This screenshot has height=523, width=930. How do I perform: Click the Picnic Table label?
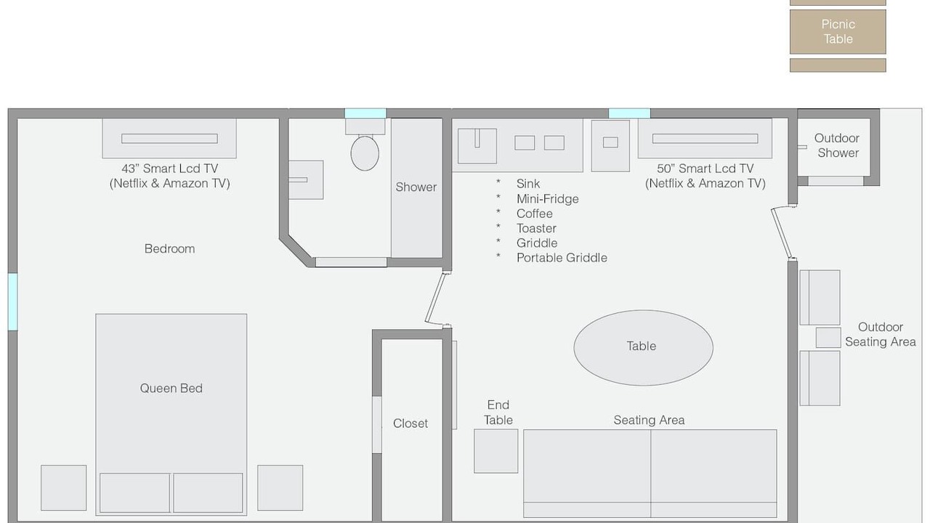(x=838, y=31)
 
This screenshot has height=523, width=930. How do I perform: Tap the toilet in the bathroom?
(x=365, y=153)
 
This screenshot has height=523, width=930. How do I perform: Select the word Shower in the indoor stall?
(x=416, y=187)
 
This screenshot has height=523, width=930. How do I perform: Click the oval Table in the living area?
(x=643, y=347)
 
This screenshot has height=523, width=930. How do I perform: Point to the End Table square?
(x=496, y=451)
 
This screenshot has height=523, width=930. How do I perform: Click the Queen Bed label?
(x=171, y=388)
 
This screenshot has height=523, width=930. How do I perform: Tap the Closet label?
(x=411, y=423)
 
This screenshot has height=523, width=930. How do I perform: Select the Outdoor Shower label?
(x=837, y=145)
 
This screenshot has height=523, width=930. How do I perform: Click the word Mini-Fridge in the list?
(x=547, y=199)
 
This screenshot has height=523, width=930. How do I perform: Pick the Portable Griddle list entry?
(x=562, y=258)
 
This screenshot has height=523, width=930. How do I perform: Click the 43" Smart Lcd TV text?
(x=170, y=169)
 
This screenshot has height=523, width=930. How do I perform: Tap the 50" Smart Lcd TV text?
(x=705, y=169)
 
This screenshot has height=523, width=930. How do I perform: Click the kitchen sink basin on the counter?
(x=477, y=146)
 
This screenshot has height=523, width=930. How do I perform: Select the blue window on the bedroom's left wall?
(x=13, y=301)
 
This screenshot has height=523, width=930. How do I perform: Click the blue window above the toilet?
(x=365, y=113)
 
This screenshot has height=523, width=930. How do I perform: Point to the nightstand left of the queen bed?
(x=63, y=487)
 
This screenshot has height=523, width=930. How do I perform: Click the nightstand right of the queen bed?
(x=280, y=487)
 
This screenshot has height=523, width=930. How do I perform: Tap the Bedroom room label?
(x=169, y=248)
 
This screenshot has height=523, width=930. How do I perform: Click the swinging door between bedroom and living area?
(x=435, y=298)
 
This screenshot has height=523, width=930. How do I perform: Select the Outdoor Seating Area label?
(x=880, y=334)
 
